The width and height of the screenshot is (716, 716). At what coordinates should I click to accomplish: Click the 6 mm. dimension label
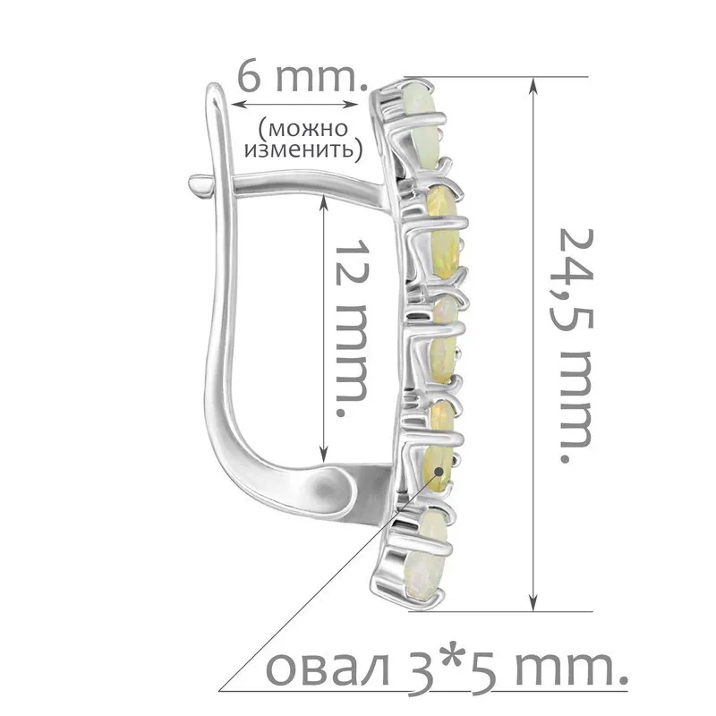[x=303, y=78]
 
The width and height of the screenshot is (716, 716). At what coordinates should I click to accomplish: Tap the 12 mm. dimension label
[x=352, y=327]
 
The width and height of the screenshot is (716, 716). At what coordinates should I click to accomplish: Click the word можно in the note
[x=303, y=128]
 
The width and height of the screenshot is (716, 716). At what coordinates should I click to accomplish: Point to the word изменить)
[x=303, y=149]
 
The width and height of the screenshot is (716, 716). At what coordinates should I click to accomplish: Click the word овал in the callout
[x=328, y=669]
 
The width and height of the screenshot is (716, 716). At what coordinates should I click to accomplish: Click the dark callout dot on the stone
[x=439, y=471]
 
